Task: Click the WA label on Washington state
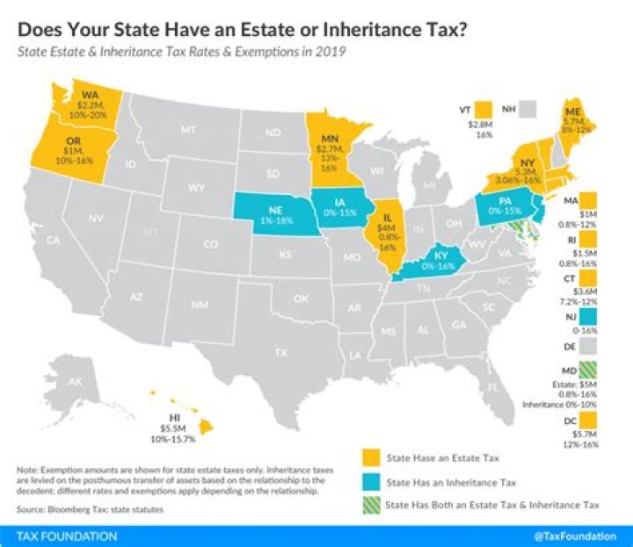click(x=90, y=94)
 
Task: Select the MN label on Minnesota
click(x=330, y=139)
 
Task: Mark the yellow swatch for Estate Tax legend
click(x=372, y=457)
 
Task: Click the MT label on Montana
click(x=187, y=129)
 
